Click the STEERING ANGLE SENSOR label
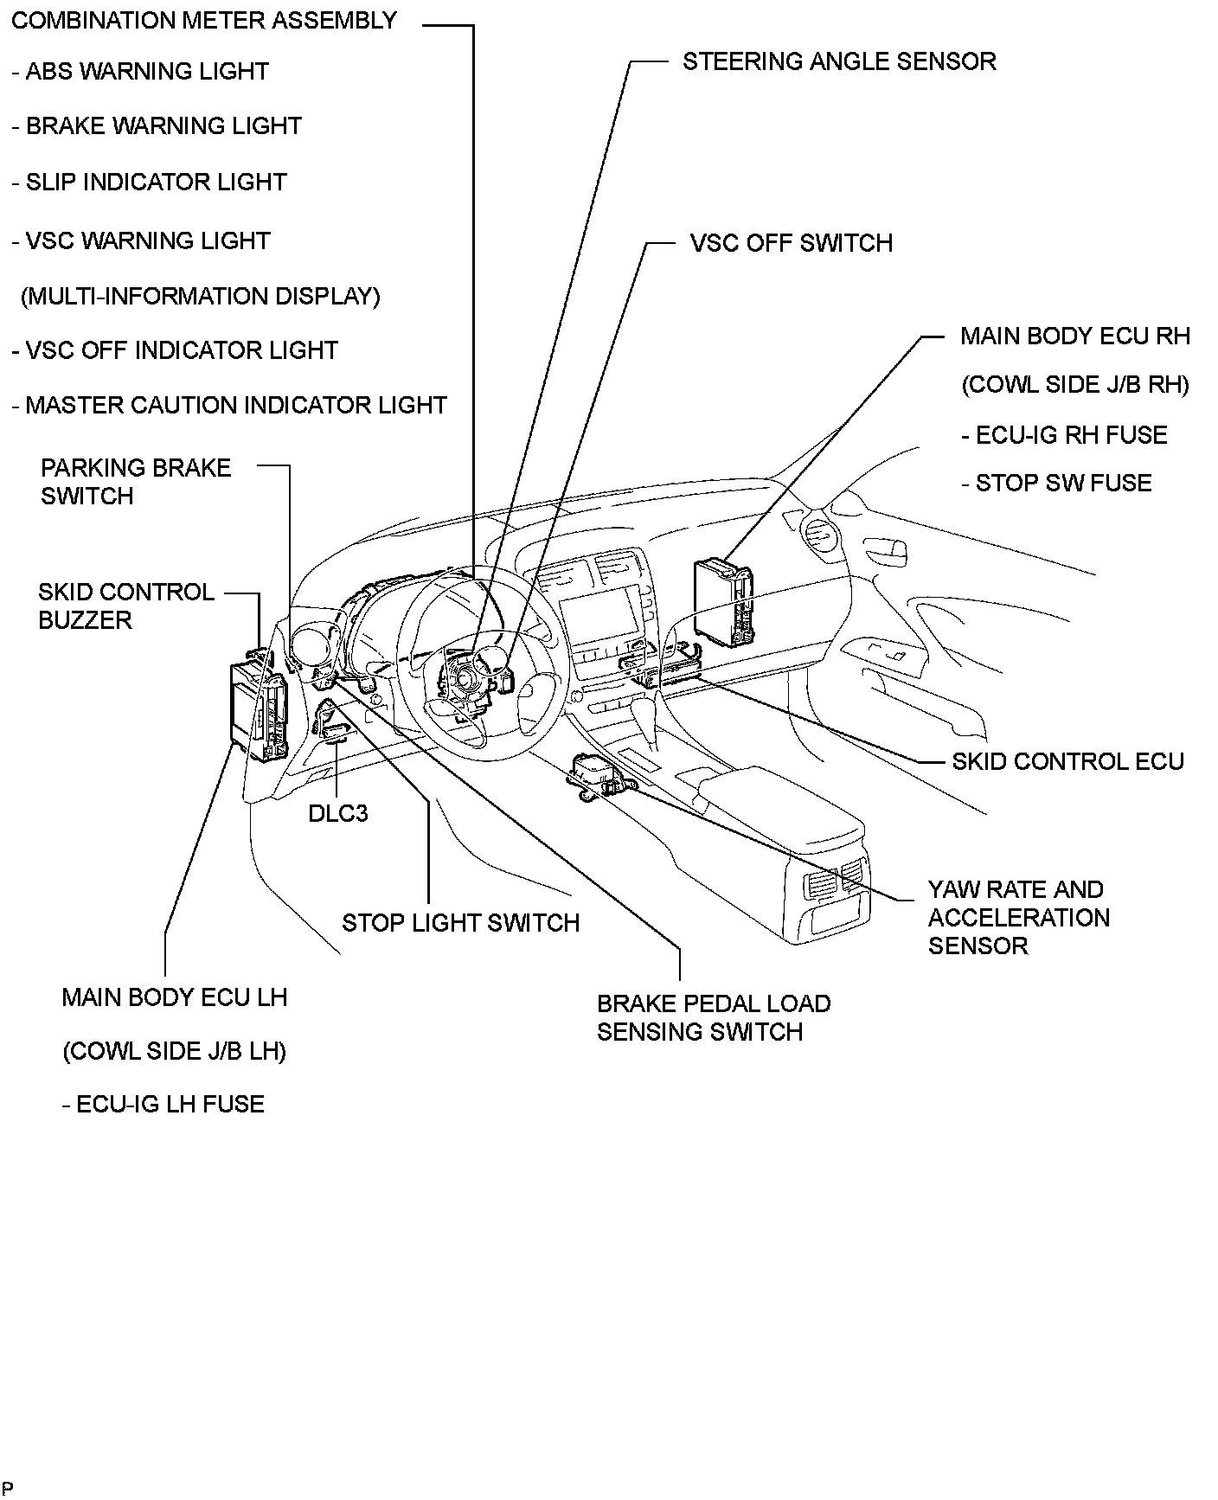[x=838, y=61]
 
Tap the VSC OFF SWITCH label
[x=791, y=243]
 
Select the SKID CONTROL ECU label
[x=1067, y=761]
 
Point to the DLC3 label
[x=338, y=813]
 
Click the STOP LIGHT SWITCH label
[x=460, y=923]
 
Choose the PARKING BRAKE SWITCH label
[x=136, y=482]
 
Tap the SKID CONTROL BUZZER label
[x=126, y=606]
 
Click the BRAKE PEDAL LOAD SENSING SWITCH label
[x=713, y=1017]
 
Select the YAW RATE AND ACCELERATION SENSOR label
[x=1018, y=917]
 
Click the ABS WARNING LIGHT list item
[x=140, y=72]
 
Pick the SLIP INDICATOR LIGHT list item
[x=149, y=183]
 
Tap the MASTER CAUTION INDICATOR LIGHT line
[x=229, y=405]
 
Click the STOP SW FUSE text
[x=1056, y=483]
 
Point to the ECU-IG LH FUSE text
[x=163, y=1104]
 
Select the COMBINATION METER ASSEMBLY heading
[x=204, y=21]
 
